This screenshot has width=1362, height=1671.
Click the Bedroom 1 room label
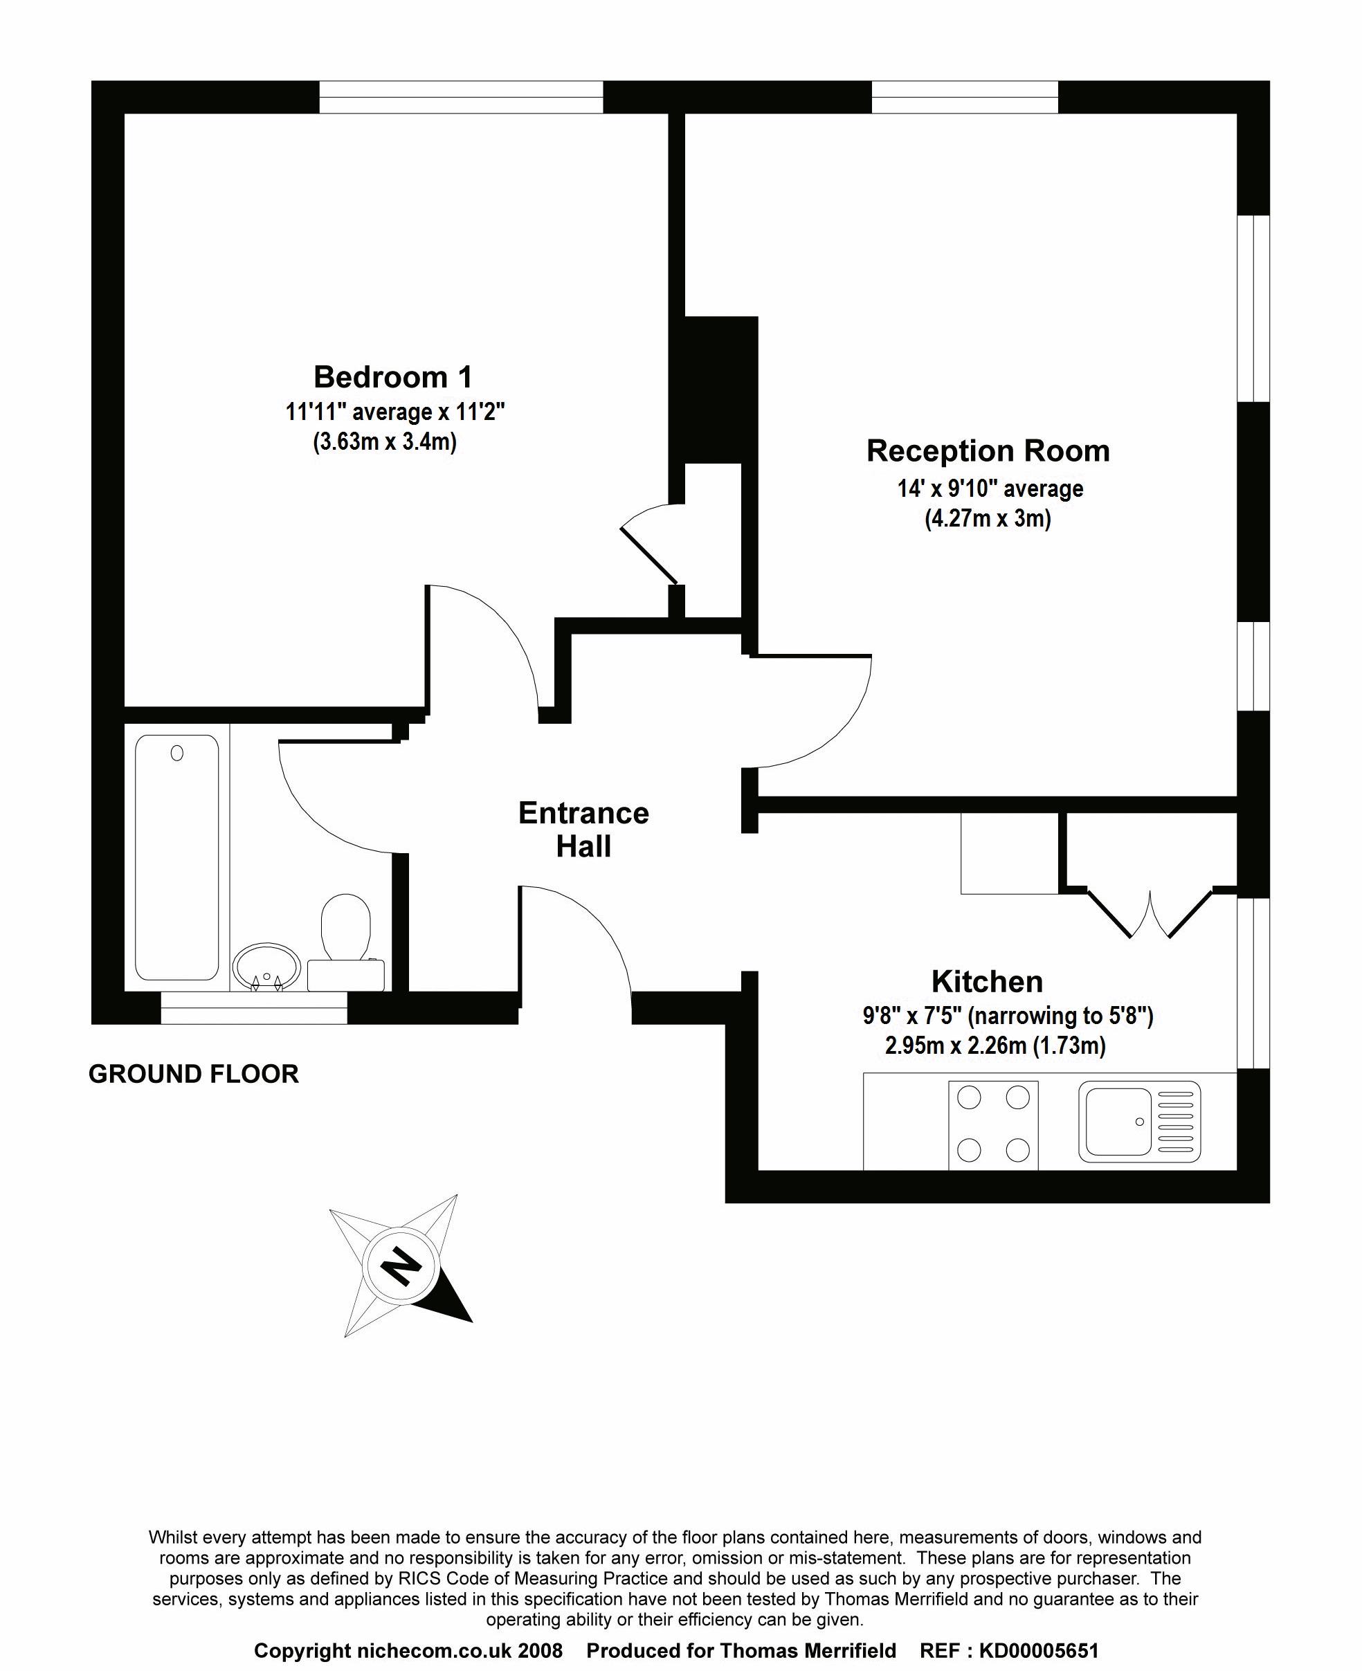[x=393, y=377]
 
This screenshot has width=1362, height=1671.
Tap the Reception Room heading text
[x=988, y=451]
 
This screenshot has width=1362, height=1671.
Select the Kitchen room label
[x=987, y=981]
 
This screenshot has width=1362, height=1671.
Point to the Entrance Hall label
[x=583, y=830]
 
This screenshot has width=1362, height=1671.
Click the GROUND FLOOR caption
[x=194, y=1074]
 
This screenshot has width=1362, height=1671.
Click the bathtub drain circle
[x=176, y=753]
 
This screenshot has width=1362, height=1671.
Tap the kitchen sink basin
[x=1118, y=1122]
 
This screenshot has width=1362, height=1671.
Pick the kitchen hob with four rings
[x=993, y=1122]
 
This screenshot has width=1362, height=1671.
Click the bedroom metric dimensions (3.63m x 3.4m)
[x=384, y=442]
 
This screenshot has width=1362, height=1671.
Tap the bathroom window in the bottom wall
[x=253, y=1008]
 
